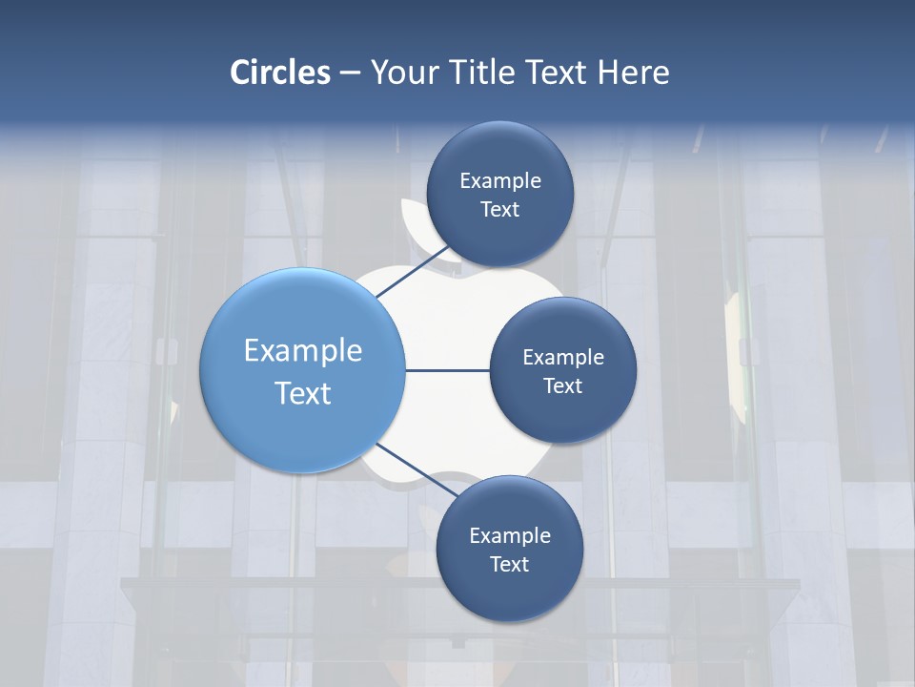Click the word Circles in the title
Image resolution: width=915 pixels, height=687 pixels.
[280, 73]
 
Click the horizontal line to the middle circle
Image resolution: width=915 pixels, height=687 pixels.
[447, 370]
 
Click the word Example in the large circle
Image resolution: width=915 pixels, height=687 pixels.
[303, 350]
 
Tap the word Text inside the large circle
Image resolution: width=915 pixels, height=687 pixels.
[303, 393]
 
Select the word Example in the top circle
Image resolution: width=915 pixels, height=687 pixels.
[499, 180]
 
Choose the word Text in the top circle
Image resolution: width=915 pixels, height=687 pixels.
[499, 209]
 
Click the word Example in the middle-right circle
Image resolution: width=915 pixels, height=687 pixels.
[562, 357]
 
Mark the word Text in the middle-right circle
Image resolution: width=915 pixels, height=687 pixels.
[562, 385]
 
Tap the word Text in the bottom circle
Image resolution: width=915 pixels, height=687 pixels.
[509, 564]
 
